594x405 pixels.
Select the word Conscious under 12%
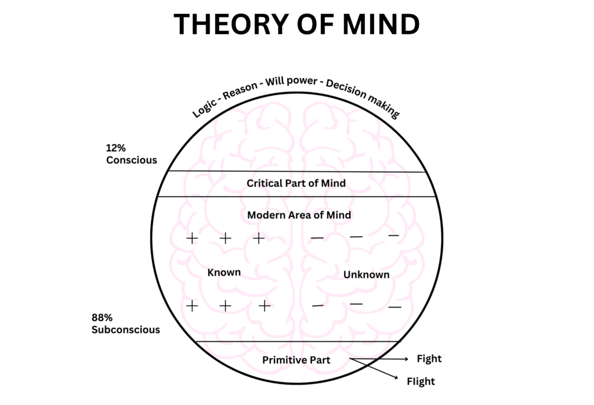tap(132, 160)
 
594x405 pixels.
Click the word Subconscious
tap(125, 330)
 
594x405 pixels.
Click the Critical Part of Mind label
tap(296, 183)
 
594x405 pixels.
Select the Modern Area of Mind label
tap(299, 215)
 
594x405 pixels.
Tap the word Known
tap(224, 272)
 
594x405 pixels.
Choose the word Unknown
tap(366, 274)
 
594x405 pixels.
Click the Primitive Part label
tap(296, 360)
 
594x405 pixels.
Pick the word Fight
tap(429, 359)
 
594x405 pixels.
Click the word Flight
tap(421, 382)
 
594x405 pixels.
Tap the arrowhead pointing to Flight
tap(398, 378)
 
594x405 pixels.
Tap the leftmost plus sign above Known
tap(191, 238)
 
